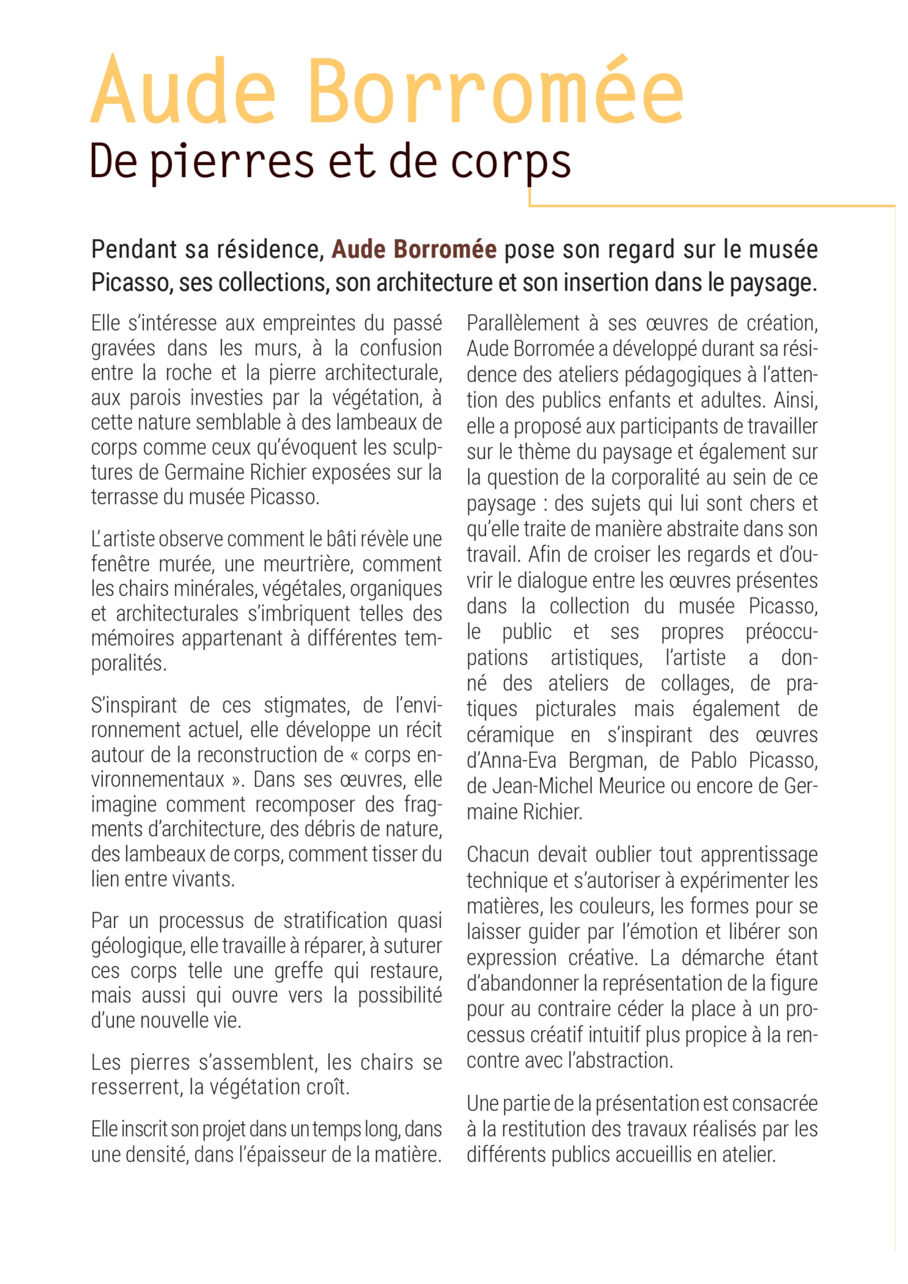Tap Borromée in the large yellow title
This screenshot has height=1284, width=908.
tap(495, 91)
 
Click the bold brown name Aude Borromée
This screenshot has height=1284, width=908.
tap(414, 249)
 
